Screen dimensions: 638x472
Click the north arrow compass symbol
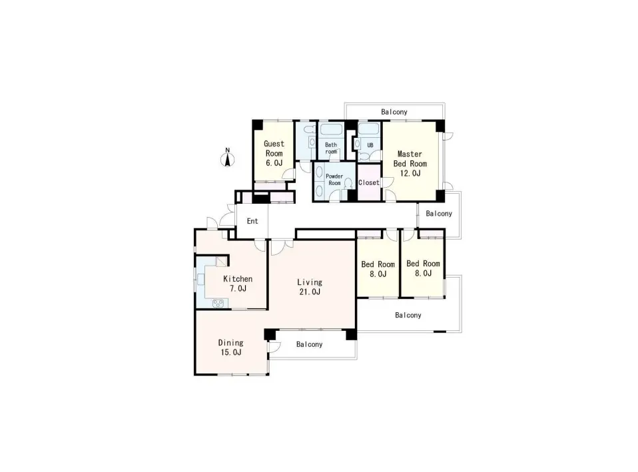click(x=228, y=158)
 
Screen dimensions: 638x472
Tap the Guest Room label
click(x=274, y=148)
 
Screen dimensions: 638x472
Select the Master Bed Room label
click(x=410, y=158)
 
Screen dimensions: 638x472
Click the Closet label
click(x=369, y=182)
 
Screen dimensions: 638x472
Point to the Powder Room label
click(x=334, y=180)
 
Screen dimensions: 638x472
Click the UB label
click(x=370, y=145)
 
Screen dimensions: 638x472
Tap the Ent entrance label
click(x=252, y=221)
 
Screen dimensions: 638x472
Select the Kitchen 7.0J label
click(x=238, y=284)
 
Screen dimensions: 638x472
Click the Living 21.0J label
click(x=310, y=287)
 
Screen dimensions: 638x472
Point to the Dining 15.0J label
click(x=231, y=348)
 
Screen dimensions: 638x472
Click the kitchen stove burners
click(x=218, y=303)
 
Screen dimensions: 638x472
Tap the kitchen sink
click(x=200, y=279)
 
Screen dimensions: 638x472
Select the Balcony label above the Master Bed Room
click(x=394, y=112)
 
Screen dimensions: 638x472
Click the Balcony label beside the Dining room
click(x=309, y=344)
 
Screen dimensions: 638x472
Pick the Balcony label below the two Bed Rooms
click(x=408, y=316)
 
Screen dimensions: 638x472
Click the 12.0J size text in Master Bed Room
click(x=410, y=173)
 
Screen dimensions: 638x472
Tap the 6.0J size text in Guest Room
click(x=274, y=162)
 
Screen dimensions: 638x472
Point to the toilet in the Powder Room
click(x=348, y=184)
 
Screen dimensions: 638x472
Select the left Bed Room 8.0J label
click(x=378, y=269)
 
